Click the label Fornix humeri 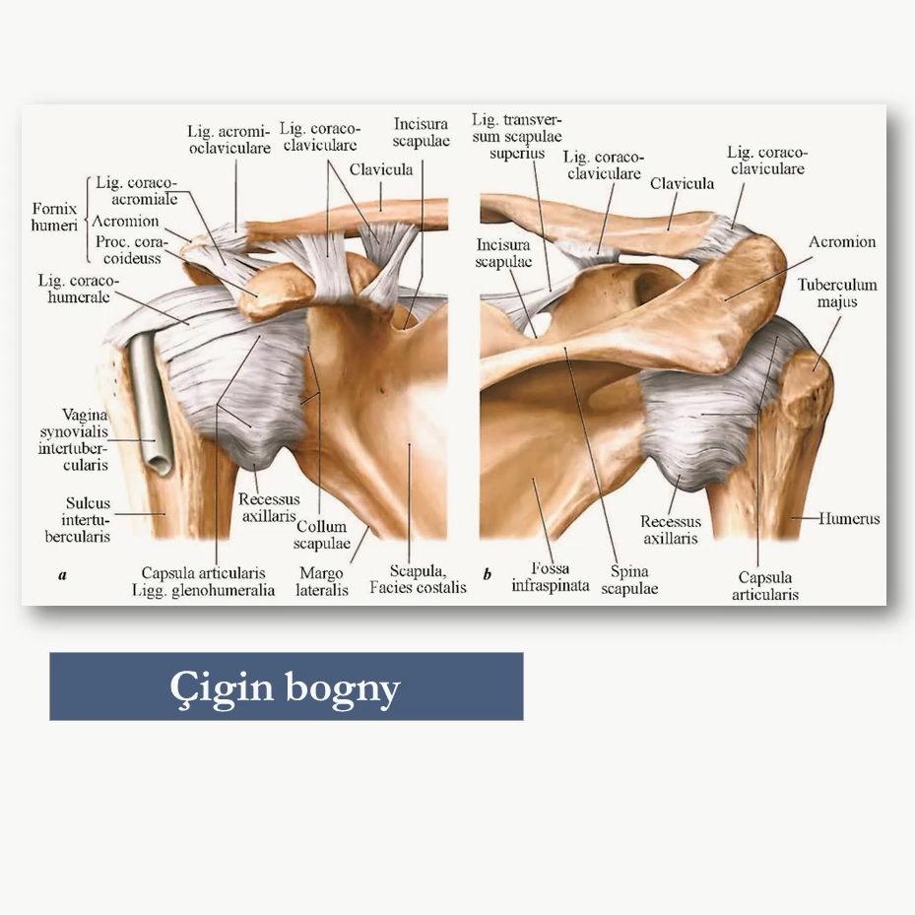pyautogui.click(x=54, y=217)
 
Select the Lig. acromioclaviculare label pyautogui.click(x=229, y=140)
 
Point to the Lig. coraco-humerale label pyautogui.click(x=78, y=289)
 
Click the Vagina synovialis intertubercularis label pyautogui.click(x=74, y=440)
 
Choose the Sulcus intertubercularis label pyautogui.click(x=78, y=519)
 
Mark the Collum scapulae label pyautogui.click(x=321, y=535)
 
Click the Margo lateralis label pyautogui.click(x=321, y=581)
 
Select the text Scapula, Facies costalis pyautogui.click(x=418, y=579)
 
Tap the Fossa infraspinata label pyautogui.click(x=551, y=576)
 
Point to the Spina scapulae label pyautogui.click(x=629, y=579)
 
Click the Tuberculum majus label pyautogui.click(x=837, y=293)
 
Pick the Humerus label pyautogui.click(x=849, y=518)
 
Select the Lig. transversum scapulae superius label pyautogui.click(x=517, y=137)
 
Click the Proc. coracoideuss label pyautogui.click(x=131, y=250)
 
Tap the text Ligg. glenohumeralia pyautogui.click(x=203, y=590)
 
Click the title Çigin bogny pyautogui.click(x=285, y=686)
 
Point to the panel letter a pyautogui.click(x=62, y=575)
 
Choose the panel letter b pyautogui.click(x=488, y=574)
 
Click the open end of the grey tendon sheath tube pyautogui.click(x=160, y=464)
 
